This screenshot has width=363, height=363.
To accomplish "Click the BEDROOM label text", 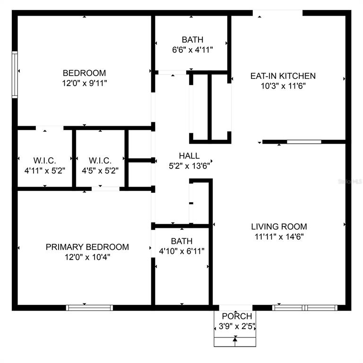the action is (x=84, y=73).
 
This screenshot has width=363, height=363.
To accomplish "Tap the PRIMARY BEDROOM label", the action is (x=87, y=247).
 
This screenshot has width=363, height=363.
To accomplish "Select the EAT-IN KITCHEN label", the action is (x=283, y=76).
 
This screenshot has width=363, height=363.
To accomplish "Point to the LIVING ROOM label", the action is (x=279, y=226).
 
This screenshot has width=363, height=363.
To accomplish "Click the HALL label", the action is (x=189, y=156).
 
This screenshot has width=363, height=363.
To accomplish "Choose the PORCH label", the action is (x=237, y=316).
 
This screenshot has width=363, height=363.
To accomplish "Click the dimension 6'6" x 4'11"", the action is (x=192, y=50).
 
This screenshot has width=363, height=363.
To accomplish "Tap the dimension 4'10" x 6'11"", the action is (x=181, y=251).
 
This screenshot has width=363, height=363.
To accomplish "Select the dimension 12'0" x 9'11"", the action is (x=84, y=83).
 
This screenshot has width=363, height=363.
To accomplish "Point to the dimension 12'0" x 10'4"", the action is (x=87, y=257).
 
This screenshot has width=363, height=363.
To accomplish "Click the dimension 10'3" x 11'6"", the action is (x=283, y=86).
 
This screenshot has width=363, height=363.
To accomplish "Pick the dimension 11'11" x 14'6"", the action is (x=279, y=237).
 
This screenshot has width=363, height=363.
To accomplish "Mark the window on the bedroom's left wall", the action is (x=15, y=75).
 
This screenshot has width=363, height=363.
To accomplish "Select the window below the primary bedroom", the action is (x=89, y=308).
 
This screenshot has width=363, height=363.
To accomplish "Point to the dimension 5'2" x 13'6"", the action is (x=189, y=166).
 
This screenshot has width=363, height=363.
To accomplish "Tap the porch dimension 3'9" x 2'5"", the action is (x=237, y=326).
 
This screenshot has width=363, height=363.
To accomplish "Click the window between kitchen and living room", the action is (x=304, y=142).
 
